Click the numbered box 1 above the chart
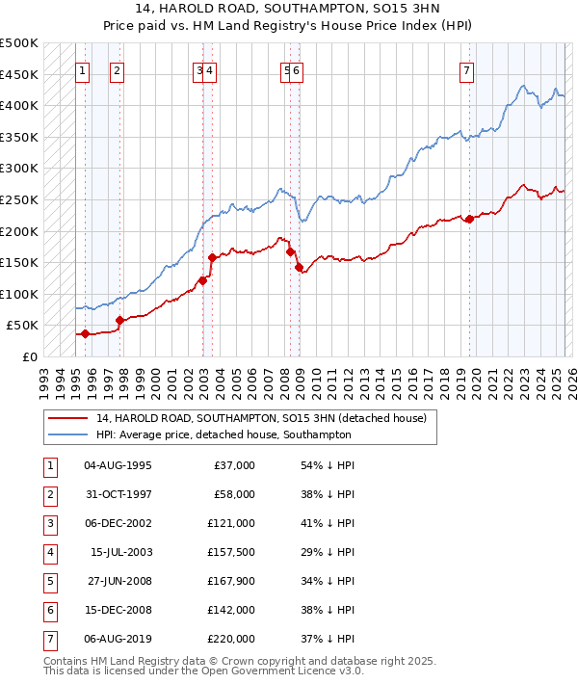click(83, 69)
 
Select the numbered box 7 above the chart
click(466, 69)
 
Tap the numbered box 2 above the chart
click(117, 69)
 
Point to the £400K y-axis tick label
click(19, 105)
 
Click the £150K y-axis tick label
click(19, 262)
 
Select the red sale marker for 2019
click(469, 219)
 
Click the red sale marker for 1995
click(85, 334)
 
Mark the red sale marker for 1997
click(119, 321)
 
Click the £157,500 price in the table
click(231, 553)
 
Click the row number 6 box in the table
click(48, 610)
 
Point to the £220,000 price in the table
click(231, 639)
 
